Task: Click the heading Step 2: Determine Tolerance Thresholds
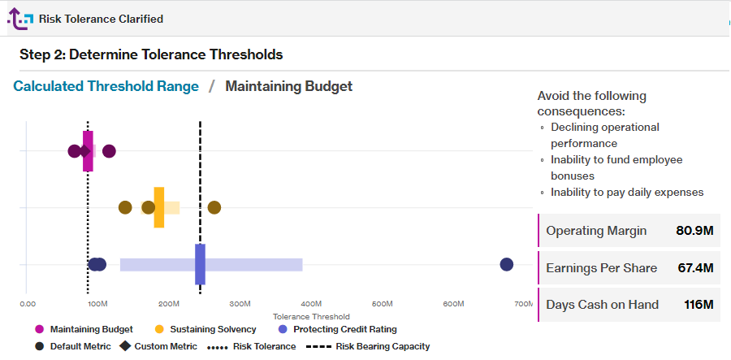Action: (x=151, y=54)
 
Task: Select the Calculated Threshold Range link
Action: (x=106, y=86)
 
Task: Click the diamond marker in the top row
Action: (x=84, y=151)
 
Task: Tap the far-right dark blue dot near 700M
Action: (x=507, y=264)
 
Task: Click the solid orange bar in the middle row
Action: (x=159, y=207)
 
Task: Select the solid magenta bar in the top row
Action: (x=88, y=151)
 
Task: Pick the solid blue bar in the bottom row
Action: (x=200, y=264)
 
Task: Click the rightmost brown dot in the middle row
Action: (x=214, y=207)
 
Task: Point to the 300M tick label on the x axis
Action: (x=240, y=304)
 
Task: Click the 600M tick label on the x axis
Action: (x=453, y=304)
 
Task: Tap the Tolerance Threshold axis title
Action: (x=311, y=317)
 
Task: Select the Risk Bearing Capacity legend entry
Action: (x=382, y=346)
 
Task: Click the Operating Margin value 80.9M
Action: (x=694, y=231)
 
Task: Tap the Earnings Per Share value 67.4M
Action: (x=694, y=267)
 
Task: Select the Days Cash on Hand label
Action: (x=602, y=305)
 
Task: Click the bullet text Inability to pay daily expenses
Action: (x=626, y=193)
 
